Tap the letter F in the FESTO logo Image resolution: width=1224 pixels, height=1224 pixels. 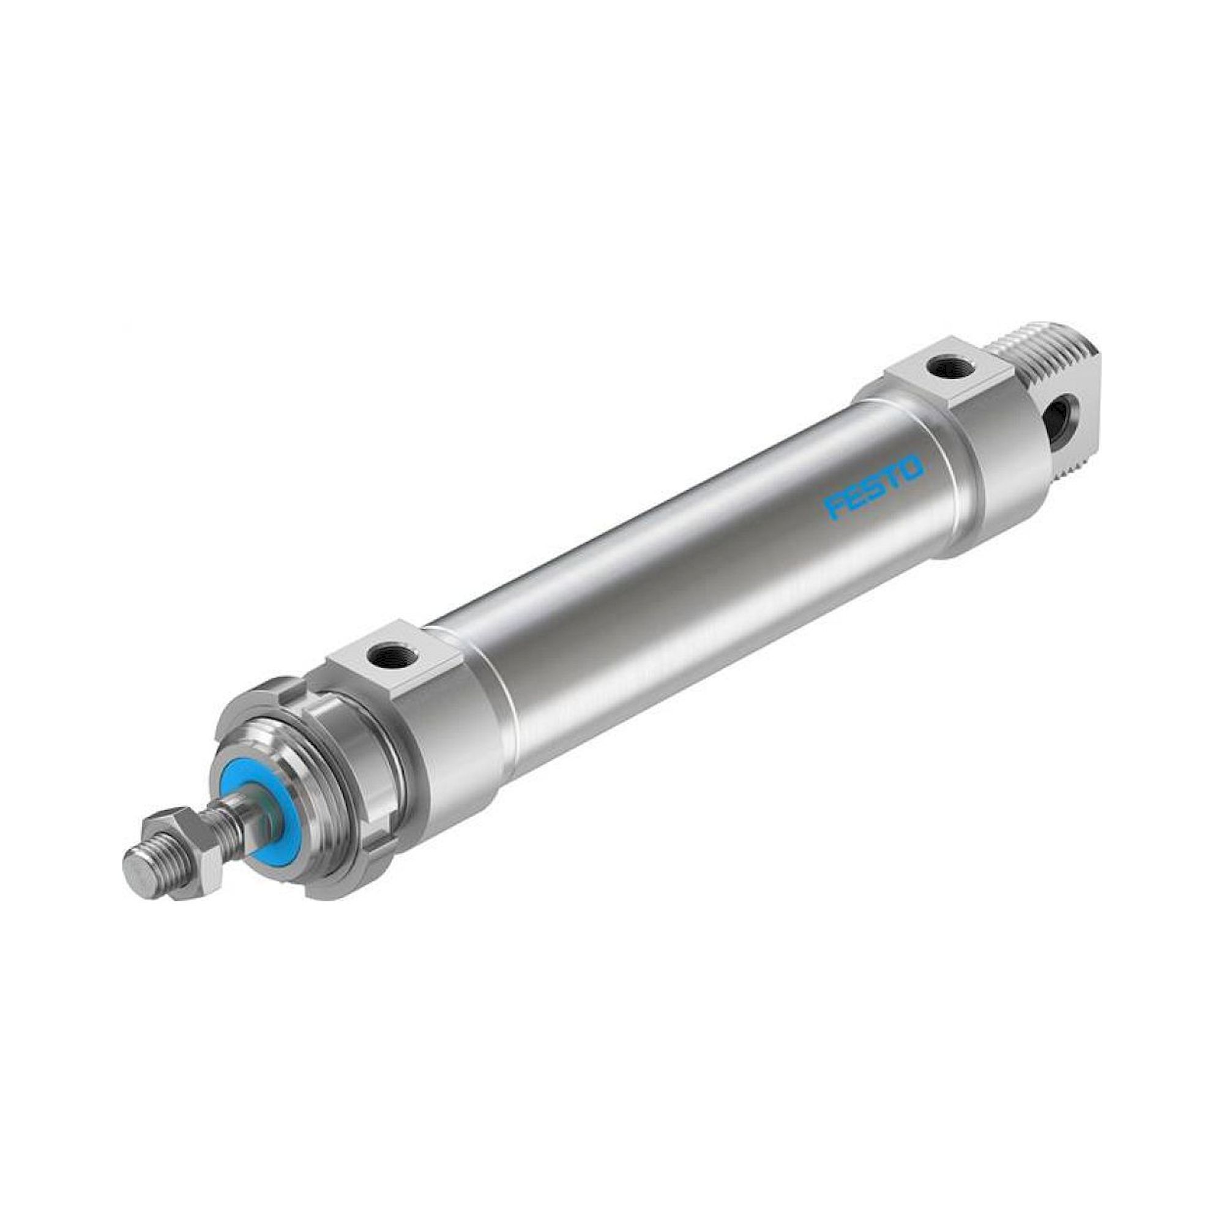(x=832, y=506)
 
